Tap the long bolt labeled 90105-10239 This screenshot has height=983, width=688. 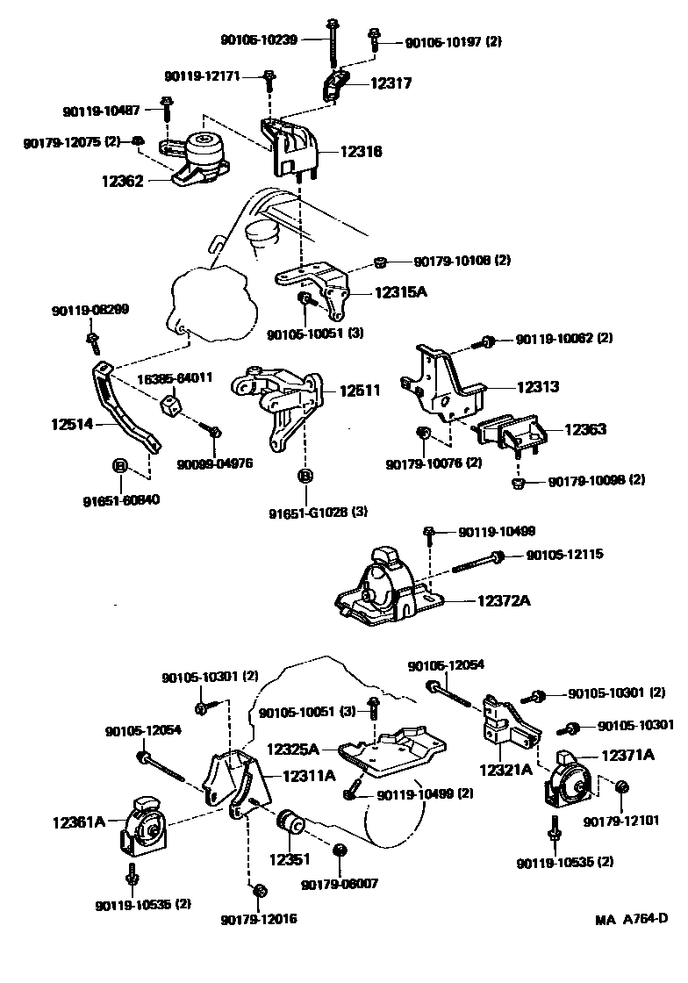coord(335,44)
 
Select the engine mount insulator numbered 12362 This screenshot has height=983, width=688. coord(196,158)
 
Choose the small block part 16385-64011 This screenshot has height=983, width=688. coord(170,406)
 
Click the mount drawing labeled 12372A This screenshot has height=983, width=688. coord(386,592)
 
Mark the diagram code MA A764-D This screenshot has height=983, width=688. coord(631,919)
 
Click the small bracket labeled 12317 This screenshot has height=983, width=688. coord(333,86)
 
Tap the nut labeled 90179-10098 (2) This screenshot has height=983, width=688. coord(518,482)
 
